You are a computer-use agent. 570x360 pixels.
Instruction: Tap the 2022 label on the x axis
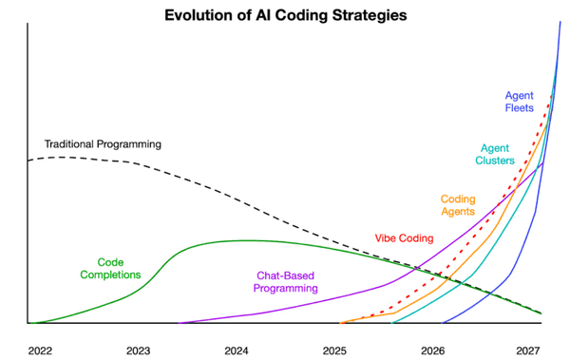40,351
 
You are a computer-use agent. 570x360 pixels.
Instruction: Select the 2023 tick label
139,351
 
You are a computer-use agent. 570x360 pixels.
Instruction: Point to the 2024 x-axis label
237,351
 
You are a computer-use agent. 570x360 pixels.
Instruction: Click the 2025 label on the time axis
335,351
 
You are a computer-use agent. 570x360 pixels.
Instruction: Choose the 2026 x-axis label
433,351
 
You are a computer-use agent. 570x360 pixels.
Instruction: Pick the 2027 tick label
531,351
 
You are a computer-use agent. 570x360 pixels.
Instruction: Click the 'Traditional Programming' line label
103,144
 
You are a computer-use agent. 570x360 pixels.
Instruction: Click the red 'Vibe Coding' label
404,238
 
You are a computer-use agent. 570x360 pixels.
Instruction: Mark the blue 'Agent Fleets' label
519,101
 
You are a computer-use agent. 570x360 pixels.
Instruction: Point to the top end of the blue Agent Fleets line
560,21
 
